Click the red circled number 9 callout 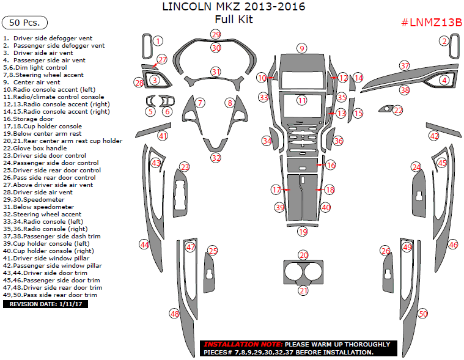coord(301,48)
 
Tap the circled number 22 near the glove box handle coord(398,110)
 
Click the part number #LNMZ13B coord(431,23)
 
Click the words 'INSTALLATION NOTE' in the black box coord(243,344)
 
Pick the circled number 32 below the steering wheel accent coord(216,158)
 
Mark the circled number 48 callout coord(175,314)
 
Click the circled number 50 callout coord(422,314)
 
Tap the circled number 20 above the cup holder coord(303,255)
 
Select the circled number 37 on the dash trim coord(404,65)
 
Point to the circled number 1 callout coord(158,41)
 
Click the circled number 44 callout coord(144,244)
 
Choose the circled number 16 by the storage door coord(331,165)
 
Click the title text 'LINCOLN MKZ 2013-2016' coord(233,7)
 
